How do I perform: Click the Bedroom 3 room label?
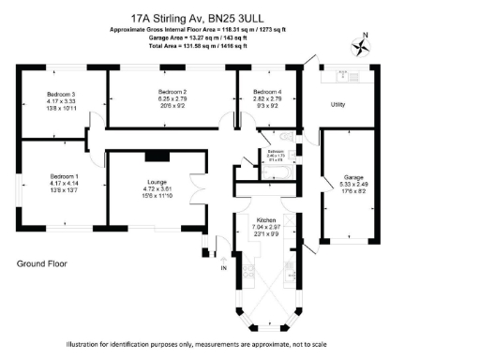61,94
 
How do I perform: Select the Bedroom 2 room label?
172,89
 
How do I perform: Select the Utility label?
337,104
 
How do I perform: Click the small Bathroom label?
275,151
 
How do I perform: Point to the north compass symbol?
360,44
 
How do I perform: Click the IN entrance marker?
223,269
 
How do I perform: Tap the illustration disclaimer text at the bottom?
197,344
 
